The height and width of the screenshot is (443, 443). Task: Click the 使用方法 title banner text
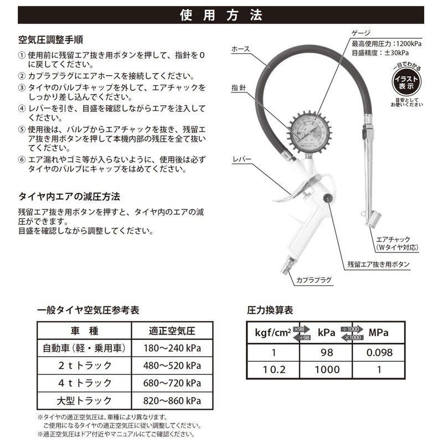221,16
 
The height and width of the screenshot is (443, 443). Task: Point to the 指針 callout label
239,88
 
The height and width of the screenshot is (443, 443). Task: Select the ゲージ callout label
360,33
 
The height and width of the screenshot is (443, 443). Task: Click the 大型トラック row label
85,400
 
